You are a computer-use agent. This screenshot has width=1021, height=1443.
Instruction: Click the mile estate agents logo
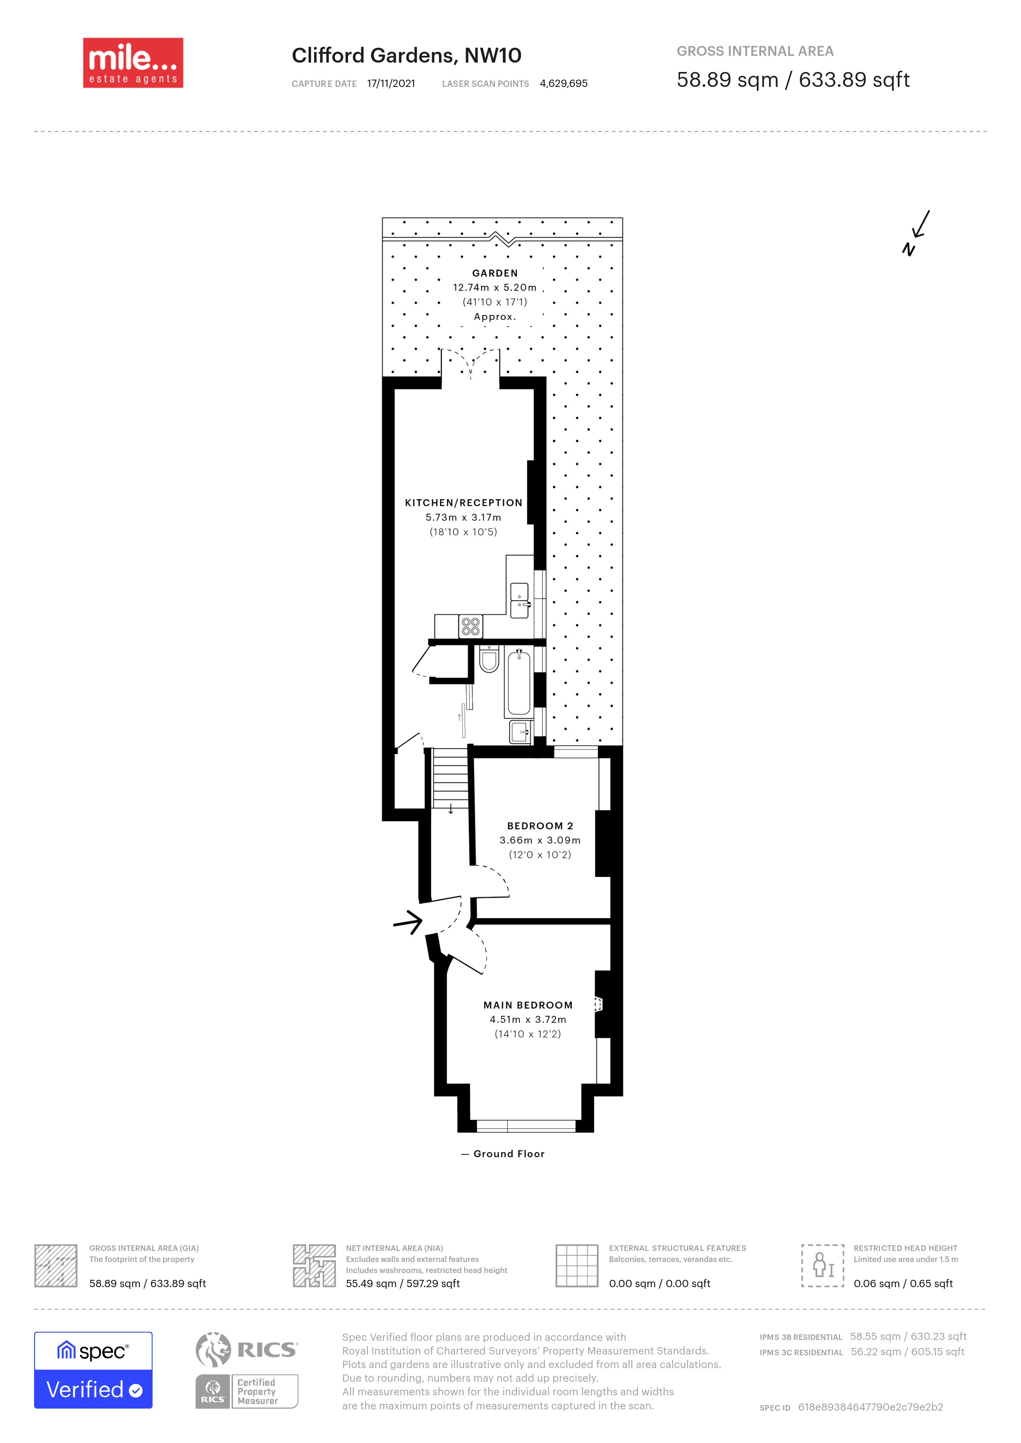pos(133,63)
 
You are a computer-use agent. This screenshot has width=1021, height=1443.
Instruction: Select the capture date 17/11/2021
pos(391,83)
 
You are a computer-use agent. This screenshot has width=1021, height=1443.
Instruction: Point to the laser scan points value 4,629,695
pos(563,83)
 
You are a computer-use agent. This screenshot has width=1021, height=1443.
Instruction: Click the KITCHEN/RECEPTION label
pos(463,503)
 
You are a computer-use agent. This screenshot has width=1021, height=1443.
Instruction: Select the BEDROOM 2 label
pos(540,826)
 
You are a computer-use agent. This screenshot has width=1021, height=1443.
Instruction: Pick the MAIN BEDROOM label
pos(528,1005)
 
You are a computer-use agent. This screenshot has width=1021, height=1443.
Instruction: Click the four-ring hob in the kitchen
pos(471,626)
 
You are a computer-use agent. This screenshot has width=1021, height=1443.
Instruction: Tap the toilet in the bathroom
pos(488,658)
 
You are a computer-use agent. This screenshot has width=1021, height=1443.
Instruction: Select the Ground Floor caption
pos(509,1154)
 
